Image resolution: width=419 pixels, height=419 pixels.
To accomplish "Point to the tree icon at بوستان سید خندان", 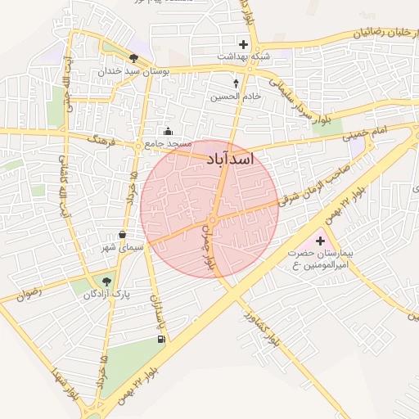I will (133, 57).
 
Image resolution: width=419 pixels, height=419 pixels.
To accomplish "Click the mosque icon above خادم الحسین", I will (237, 83).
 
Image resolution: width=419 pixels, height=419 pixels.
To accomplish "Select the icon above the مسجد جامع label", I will (168, 131).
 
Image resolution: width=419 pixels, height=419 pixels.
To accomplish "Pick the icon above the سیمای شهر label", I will (123, 234).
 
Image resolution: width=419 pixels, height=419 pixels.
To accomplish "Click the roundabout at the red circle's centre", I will (212, 220).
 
